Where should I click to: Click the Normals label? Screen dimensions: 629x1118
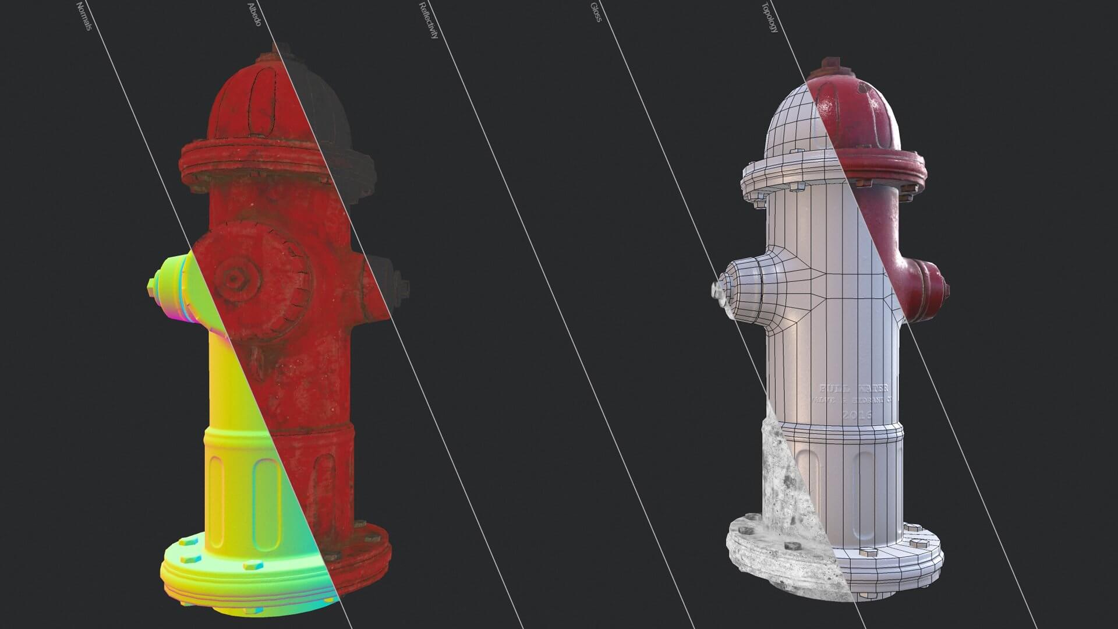point(84,16)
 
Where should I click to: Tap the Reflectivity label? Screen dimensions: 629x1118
point(429,20)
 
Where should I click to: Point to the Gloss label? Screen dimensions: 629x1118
point(596,12)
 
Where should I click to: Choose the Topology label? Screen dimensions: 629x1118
point(769,17)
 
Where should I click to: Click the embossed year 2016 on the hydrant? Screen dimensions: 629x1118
point(857,415)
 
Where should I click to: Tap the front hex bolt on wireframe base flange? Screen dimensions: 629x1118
point(868,552)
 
